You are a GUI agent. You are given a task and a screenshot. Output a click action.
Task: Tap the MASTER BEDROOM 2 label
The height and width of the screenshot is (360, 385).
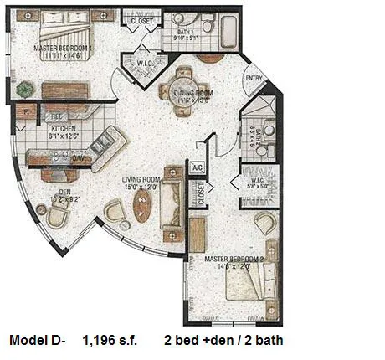pyautogui.click(x=234, y=260)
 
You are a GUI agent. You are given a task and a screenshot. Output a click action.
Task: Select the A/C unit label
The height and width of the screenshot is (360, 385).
pyautogui.click(x=198, y=167)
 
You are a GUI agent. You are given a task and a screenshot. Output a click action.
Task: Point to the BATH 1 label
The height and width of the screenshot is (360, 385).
pyautogui.click(x=185, y=33)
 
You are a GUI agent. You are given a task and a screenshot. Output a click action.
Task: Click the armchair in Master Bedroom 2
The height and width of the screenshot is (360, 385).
pyautogui.click(x=265, y=224)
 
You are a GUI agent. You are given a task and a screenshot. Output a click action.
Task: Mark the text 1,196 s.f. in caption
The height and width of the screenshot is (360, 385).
pyautogui.click(x=111, y=341)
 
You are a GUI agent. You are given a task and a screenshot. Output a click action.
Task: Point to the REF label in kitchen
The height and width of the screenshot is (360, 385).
pyautogui.click(x=54, y=116)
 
